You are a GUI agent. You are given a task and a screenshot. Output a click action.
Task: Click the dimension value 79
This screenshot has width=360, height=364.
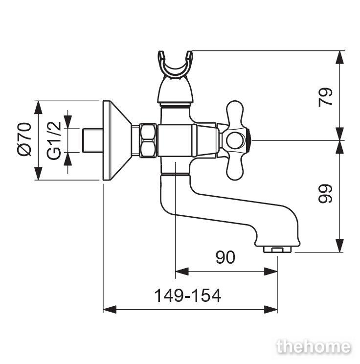pos(325,97)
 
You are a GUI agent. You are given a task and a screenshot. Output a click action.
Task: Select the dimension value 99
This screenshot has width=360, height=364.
pos(325,194)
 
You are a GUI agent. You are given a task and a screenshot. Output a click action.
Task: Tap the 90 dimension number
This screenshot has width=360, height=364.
pos(225,257)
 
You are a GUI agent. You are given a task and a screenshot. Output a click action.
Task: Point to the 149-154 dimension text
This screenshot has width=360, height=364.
pos(187,296)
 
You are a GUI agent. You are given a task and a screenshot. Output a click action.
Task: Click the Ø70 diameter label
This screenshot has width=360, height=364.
pos(24,139)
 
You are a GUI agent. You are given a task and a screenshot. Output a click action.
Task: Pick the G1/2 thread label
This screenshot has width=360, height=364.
pos(54,140)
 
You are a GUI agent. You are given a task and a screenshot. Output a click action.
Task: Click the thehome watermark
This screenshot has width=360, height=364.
pos(314,347)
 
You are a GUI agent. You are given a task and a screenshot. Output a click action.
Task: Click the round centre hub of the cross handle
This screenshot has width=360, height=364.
pos(236,140)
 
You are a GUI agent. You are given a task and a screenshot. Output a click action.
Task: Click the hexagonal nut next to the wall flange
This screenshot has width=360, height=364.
pos(148,140)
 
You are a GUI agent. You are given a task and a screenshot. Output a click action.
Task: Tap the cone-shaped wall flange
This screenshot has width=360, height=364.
pos(117,140)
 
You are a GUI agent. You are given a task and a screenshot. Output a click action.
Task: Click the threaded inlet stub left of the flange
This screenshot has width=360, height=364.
pos(93,140)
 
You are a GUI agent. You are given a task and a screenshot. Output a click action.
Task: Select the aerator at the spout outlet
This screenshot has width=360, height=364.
pos(277,250)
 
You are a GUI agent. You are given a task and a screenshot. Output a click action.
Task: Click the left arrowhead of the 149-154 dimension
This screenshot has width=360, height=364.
pos(110,309)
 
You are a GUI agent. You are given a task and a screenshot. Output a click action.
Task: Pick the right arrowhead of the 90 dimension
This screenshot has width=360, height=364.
pos(270,272)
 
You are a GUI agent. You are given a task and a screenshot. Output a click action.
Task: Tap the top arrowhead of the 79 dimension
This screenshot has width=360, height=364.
pos(340,57)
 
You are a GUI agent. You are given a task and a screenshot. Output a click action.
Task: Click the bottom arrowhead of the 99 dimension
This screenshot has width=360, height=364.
pos(340,246)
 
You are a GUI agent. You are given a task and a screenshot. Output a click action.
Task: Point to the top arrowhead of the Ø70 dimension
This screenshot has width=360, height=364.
pos(38,108)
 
